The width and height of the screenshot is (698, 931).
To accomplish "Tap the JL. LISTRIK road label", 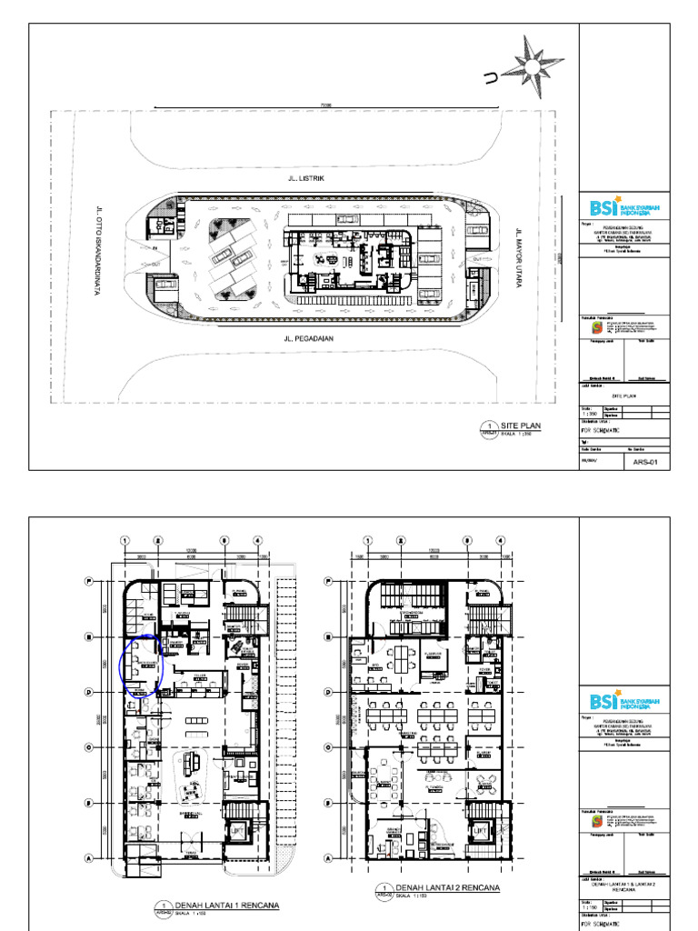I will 305,179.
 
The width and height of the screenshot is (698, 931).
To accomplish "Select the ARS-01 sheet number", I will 644,462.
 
